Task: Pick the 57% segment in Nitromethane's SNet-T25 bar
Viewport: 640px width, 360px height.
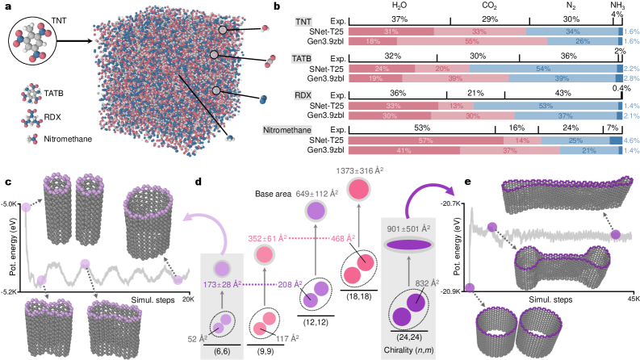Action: (394, 140)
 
